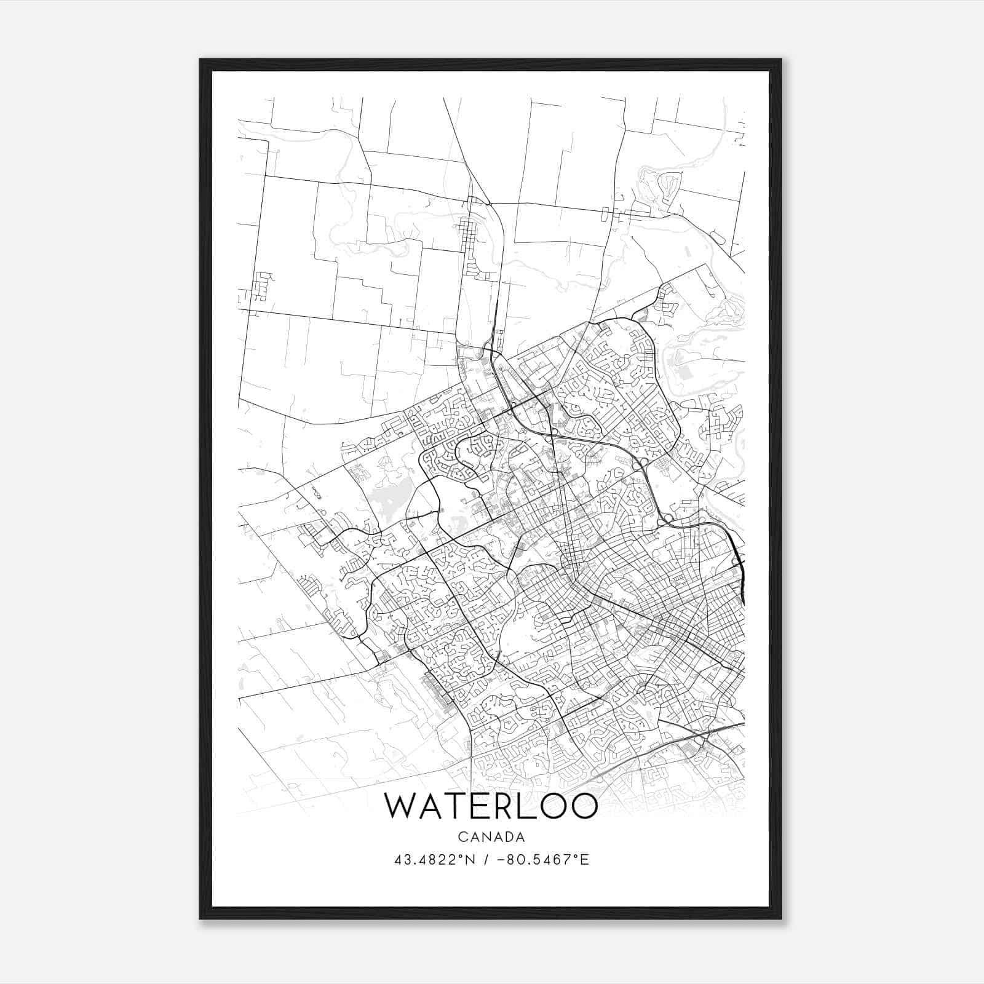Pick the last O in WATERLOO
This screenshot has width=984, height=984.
584,806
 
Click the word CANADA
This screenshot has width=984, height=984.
491,837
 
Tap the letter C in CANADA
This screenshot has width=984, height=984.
462,837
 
